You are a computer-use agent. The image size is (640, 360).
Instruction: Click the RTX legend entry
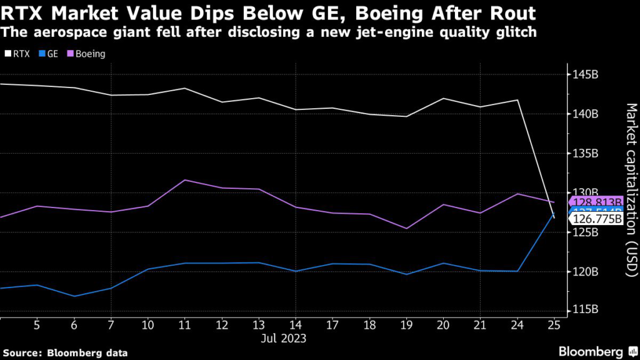pos(17,54)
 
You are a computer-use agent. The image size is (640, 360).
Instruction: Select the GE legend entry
pos(50,54)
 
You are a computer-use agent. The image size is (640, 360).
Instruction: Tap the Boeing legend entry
pos(87,54)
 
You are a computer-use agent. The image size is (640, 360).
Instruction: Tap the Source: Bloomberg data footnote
pos(65,353)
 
